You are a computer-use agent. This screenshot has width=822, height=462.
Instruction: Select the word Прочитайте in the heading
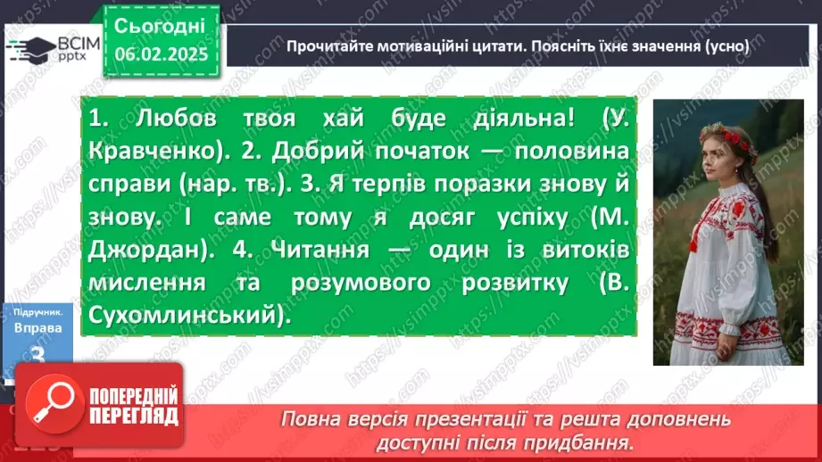pos(326,45)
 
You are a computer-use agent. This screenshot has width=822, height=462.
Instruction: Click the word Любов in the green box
pos(179,120)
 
